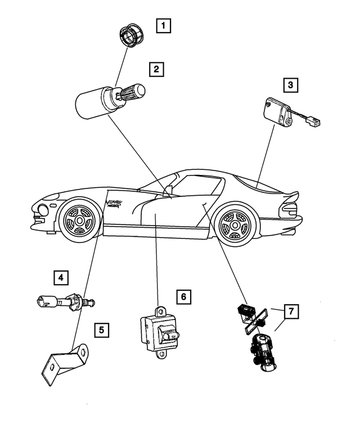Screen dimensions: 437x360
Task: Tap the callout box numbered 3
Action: (x=290, y=85)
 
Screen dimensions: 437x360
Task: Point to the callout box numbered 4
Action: (x=61, y=277)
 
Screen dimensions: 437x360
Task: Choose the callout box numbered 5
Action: (x=101, y=330)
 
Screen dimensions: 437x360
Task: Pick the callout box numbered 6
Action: (x=183, y=296)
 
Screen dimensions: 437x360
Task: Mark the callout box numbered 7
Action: (x=291, y=311)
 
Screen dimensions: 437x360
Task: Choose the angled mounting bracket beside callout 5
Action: (x=65, y=363)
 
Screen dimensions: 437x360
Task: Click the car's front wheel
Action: (x=77, y=220)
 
